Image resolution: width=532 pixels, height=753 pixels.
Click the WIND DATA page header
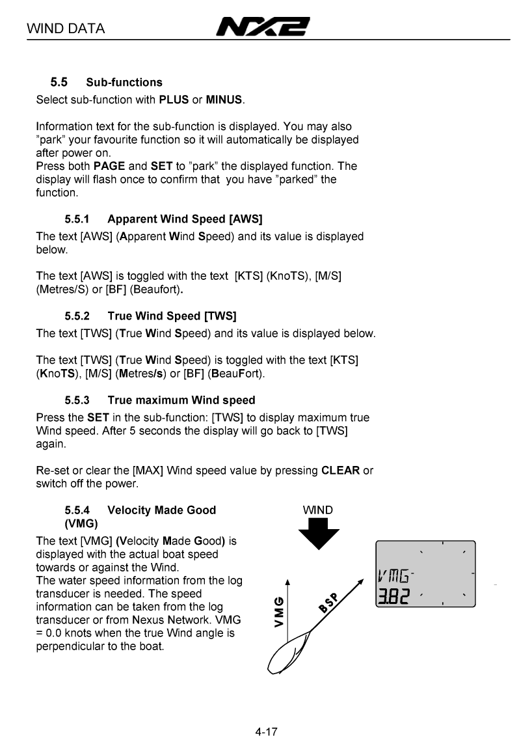pyautogui.click(x=66, y=29)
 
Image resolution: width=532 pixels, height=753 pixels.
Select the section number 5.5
pyautogui.click(x=59, y=82)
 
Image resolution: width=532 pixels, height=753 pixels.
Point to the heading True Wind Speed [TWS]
pyautogui.click(x=172, y=316)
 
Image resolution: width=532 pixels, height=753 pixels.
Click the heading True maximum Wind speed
pyautogui.click(x=181, y=400)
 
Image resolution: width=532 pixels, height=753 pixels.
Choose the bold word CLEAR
pyautogui.click(x=340, y=471)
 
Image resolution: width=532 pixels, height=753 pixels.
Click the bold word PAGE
pyautogui.click(x=109, y=166)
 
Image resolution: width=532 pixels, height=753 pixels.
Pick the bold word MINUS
pyautogui.click(x=224, y=100)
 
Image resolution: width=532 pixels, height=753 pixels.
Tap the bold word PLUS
pyautogui.click(x=174, y=100)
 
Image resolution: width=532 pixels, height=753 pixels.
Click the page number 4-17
pyautogui.click(x=266, y=732)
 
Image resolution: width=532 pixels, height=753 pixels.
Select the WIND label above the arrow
pyautogui.click(x=318, y=510)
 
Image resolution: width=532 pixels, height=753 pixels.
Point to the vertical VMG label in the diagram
pyautogui.click(x=279, y=612)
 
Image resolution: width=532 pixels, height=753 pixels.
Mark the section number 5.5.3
pyautogui.click(x=78, y=400)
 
